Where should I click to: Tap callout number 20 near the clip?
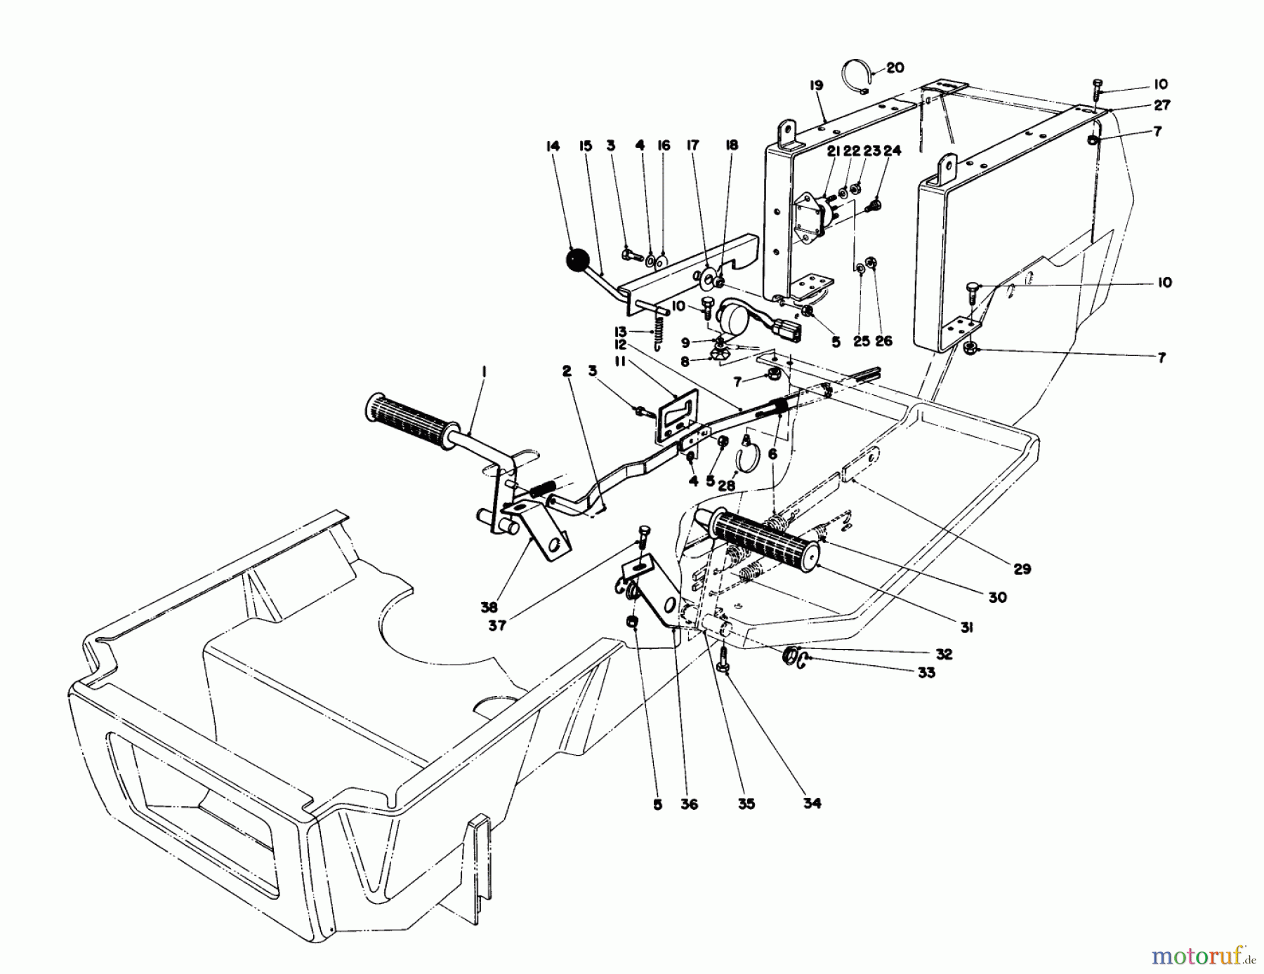point(895,68)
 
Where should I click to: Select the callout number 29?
point(1022,568)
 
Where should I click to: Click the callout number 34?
point(812,803)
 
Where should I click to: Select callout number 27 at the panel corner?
point(1161,105)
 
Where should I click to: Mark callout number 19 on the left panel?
point(815,86)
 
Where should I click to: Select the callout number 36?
point(690,804)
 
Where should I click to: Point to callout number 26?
point(883,340)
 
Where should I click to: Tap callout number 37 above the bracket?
point(497,625)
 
